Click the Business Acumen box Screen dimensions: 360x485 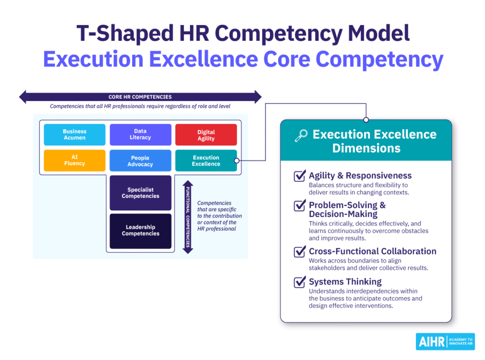pos(74,135)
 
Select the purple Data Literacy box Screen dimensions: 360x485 pos(140,135)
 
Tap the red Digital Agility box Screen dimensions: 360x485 pos(206,135)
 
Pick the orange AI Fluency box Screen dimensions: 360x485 pos(74,161)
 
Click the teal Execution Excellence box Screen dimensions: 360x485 pos(206,161)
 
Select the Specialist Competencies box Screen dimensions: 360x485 pos(140,193)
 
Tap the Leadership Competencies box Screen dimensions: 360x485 pos(140,231)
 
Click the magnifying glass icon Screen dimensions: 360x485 pos(301,135)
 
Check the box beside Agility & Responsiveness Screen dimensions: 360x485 pos(299,176)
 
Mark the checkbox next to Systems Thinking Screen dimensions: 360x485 pos(299,282)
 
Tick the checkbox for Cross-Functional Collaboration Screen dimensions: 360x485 pos(299,252)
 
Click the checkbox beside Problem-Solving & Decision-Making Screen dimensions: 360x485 pos(299,206)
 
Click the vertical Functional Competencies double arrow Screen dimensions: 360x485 pos(188,217)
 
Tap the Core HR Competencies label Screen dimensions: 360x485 pos(140,97)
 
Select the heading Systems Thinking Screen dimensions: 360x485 pos(345,282)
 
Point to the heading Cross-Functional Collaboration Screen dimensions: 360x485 pos(372,251)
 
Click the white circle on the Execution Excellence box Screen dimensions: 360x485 pos(237,161)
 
